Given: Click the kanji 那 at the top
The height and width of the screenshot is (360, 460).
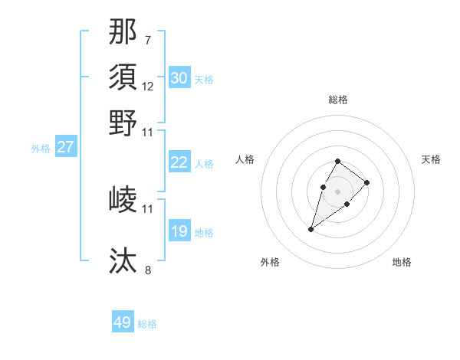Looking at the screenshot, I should point(123,31).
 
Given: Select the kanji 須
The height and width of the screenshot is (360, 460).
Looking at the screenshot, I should point(123,77).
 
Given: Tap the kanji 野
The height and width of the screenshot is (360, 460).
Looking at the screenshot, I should point(123,123).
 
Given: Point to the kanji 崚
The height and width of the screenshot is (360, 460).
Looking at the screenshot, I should point(123,200).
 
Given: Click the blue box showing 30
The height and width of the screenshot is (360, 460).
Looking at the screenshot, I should point(179,78).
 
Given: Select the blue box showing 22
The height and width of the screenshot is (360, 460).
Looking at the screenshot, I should point(179,162).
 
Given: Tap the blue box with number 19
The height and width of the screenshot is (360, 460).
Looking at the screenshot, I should point(179,231).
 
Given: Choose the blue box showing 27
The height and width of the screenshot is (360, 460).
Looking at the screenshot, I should point(65,147).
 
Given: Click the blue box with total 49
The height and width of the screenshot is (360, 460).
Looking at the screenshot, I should point(123,322).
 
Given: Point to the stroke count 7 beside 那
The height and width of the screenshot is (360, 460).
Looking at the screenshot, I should point(148,40).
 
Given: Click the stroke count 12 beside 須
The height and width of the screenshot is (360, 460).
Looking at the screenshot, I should point(148,86).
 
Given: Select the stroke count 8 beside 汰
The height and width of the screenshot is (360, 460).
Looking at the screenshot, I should point(148,270).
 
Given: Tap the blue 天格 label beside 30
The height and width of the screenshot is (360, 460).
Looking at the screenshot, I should point(204,80).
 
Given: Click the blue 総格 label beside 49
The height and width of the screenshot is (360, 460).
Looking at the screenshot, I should point(147,324).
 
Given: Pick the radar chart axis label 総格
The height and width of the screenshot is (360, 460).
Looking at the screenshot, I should point(338,100).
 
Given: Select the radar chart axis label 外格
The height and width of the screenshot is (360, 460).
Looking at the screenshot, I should point(270,263).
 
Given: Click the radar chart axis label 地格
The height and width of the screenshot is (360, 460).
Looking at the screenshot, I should point(402,263).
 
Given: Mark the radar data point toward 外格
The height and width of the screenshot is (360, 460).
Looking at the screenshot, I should point(311,229).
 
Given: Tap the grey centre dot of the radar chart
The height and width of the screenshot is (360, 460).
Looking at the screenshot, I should point(337,191).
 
